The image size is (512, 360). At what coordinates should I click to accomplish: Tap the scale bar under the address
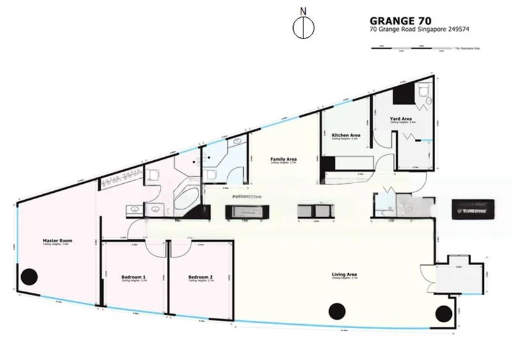[x=416, y=47]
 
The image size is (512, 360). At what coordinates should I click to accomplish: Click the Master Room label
[x=58, y=241]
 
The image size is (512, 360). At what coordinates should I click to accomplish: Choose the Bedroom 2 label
[x=200, y=277]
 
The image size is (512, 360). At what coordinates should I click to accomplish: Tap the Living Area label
[x=344, y=275]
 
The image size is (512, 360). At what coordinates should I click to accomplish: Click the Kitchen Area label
[x=346, y=135]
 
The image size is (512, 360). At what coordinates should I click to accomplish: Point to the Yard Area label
[x=401, y=119]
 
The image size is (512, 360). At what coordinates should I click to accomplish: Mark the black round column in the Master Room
[x=29, y=277]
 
